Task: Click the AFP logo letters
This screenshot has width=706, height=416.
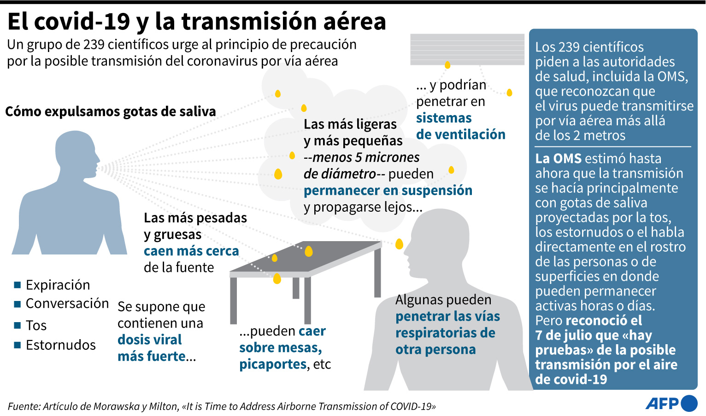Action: (662, 404)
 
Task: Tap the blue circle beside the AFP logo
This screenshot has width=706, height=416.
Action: (689, 404)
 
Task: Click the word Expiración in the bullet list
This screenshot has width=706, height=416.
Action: (58, 285)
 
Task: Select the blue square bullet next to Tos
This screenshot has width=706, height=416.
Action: (18, 325)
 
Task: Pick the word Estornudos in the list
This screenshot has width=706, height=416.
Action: (60, 345)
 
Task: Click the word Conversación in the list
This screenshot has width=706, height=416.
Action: (67, 303)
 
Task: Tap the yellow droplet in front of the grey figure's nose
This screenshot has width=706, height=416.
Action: (399, 244)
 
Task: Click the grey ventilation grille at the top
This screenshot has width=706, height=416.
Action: (467, 49)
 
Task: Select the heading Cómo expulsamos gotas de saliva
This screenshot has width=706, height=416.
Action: (111, 111)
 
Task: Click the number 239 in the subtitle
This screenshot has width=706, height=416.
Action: (94, 45)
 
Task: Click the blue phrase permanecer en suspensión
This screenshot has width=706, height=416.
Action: (388, 191)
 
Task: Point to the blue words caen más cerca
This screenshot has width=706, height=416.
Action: (191, 251)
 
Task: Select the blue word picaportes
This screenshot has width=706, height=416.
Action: (273, 364)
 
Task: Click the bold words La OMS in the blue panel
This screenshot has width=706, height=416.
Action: (558, 159)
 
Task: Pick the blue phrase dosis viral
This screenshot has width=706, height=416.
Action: (150, 340)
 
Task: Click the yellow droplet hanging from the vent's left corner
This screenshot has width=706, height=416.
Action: (447, 65)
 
